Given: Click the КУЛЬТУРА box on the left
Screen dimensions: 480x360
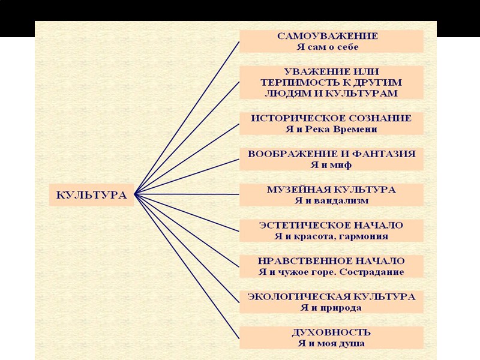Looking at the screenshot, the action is pyautogui.click(x=91, y=195).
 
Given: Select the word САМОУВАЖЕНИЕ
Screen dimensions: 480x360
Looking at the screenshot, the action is pyautogui.click(x=328, y=36).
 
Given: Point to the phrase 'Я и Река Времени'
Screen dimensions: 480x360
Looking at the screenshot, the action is pyautogui.click(x=331, y=129).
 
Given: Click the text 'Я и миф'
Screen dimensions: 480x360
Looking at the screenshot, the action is pyautogui.click(x=331, y=164).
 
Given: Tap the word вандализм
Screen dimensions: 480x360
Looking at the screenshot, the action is pyautogui.click(x=344, y=200).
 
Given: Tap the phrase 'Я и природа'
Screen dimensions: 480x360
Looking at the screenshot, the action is pyautogui.click(x=331, y=308).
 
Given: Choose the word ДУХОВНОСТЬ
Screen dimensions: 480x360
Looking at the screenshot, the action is pyautogui.click(x=331, y=332).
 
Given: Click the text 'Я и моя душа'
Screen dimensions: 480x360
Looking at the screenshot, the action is pyautogui.click(x=331, y=344).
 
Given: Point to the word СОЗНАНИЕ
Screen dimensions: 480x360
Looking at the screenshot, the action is pyautogui.click(x=381, y=118).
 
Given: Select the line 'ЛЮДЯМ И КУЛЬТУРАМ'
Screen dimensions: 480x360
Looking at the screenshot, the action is pyautogui.click(x=331, y=94).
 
